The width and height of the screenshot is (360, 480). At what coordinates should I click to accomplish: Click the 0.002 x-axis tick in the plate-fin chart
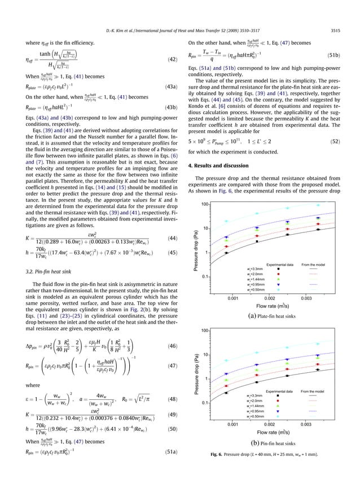(270, 297)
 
